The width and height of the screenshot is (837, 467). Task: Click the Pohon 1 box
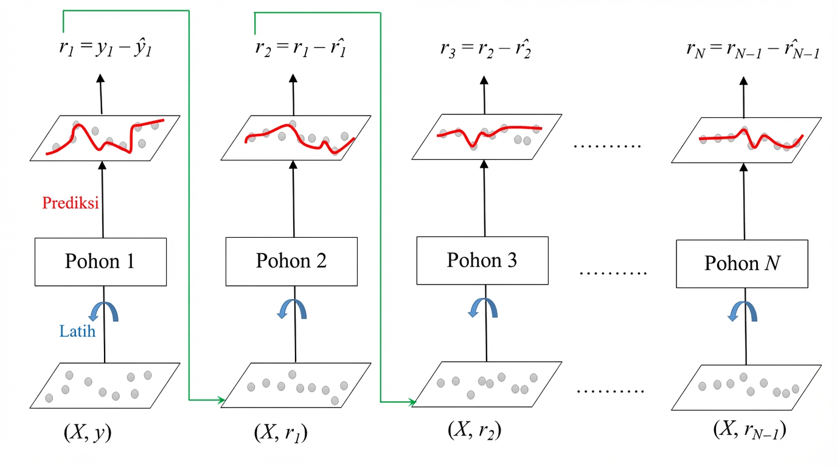(100, 262)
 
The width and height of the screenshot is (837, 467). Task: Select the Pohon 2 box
(291, 261)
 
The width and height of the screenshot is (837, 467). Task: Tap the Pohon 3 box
(482, 261)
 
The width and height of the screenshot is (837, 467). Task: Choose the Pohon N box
(742, 264)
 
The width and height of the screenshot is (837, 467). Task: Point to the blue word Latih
(77, 332)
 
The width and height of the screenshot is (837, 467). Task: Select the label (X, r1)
(280, 433)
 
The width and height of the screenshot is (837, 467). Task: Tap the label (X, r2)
(475, 430)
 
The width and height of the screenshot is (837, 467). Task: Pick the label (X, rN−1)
(750, 430)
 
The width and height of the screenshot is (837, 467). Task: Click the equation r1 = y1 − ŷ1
(105, 49)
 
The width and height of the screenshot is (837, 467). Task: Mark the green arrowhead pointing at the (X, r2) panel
(412, 402)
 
